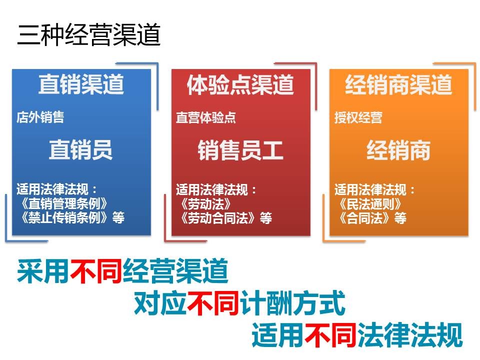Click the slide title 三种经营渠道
pos(89,34)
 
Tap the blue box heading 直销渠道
pos(81,84)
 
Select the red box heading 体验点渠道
pos(240,84)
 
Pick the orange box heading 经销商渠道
pos(398,84)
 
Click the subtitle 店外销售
pos(40,117)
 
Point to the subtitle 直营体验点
pos(205,117)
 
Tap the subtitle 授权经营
pos(358,117)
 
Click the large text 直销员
pos(81,149)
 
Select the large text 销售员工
pos(240,150)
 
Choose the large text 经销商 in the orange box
pos(398,150)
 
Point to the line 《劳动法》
pos(205,204)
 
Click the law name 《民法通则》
pos(370,204)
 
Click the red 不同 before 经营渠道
pos(96,271)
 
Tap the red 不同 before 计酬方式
pos(213,303)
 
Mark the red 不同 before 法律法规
pos(330,335)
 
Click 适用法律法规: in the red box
pos(216,190)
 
